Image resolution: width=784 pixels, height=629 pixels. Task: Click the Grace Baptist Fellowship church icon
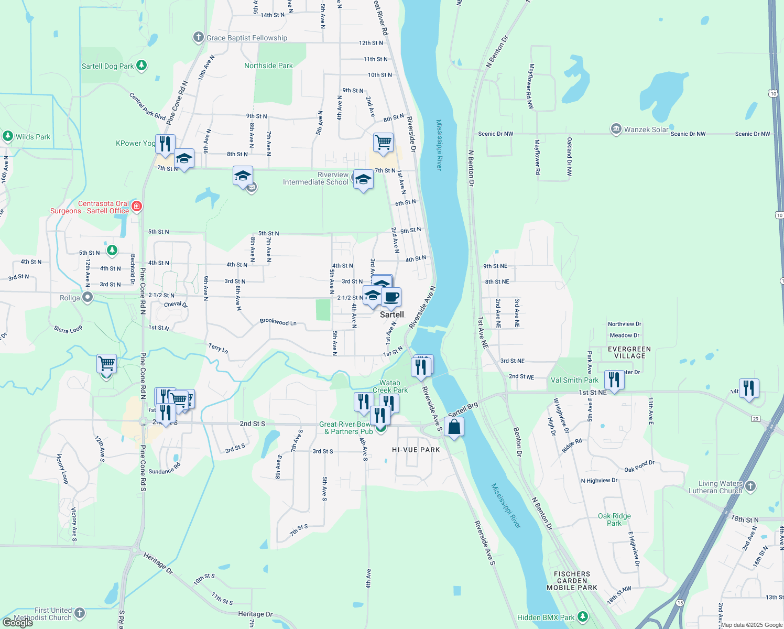point(198,37)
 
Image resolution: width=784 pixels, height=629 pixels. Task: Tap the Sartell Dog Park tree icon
point(141,66)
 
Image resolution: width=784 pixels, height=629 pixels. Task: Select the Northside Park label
point(268,66)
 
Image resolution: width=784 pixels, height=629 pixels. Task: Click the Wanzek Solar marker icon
point(616,129)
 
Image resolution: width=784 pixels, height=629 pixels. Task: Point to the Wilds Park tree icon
point(7,136)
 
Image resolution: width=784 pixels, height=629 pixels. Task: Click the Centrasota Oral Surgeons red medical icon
point(137,206)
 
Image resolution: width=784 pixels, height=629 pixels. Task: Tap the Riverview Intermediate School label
point(315,179)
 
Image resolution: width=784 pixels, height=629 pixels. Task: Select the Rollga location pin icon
point(88,297)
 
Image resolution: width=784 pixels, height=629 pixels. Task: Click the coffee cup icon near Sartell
point(391,297)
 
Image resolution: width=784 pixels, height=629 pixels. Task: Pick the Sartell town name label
point(392,314)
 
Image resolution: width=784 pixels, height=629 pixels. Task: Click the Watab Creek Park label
point(390,386)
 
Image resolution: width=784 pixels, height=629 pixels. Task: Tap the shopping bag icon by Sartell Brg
point(454,427)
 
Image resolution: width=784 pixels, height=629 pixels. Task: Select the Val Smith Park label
point(574,380)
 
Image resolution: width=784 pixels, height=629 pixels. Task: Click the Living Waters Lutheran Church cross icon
point(750,486)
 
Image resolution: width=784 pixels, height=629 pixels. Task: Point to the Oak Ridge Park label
point(614,519)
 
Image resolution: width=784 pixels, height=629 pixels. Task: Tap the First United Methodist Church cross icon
point(80,612)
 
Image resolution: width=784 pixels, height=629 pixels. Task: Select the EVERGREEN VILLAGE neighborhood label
point(629,352)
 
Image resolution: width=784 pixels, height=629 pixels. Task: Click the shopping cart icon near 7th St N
point(383,142)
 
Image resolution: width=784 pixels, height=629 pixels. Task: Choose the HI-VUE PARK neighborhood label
point(416,450)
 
